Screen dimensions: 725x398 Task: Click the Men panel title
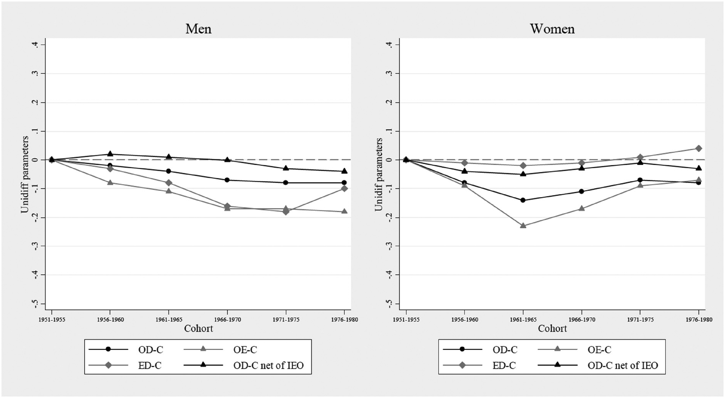198,29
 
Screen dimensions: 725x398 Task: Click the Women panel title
552,29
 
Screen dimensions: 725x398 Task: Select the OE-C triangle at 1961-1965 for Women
523,225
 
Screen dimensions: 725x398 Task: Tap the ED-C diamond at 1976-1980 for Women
698,148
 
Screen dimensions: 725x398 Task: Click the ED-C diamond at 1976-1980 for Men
344,188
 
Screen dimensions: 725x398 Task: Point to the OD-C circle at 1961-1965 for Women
523,200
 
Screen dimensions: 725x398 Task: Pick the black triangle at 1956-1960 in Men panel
110,154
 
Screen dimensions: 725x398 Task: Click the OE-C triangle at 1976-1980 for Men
344,211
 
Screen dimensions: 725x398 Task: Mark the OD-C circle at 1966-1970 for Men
227,180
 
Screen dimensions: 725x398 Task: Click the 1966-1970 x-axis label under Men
227,320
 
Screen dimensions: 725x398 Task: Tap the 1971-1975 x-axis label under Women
640,320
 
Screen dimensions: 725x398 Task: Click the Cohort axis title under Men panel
198,329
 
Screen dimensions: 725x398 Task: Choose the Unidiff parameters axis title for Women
378,174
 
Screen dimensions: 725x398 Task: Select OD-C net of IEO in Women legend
622,366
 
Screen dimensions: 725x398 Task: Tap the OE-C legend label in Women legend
599,350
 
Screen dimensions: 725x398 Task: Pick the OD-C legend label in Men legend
150,350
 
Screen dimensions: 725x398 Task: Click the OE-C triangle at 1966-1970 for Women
582,208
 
